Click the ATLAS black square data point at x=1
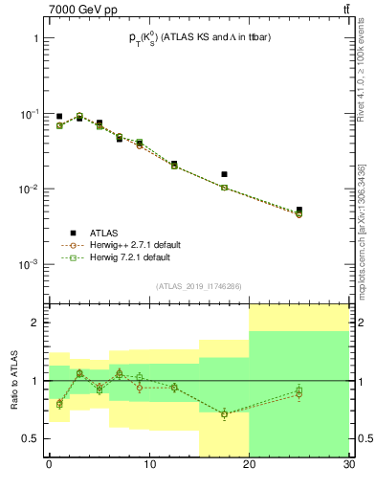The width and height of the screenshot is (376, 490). [59, 116]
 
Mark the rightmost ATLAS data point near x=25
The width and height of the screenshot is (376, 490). [299, 210]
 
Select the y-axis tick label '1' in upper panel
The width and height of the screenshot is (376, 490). [36, 39]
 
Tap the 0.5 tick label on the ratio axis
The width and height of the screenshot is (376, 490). [31, 438]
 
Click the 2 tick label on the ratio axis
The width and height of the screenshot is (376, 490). [36, 323]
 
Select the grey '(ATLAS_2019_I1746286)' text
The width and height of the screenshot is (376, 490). [200, 286]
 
